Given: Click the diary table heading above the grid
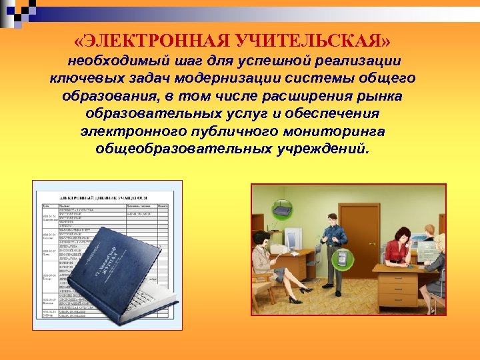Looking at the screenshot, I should coord(103,198).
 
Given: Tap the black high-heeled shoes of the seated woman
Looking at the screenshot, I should coord(305,291).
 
